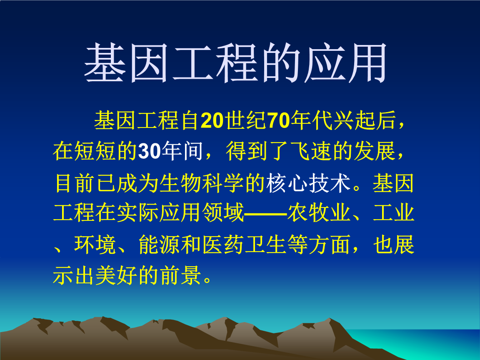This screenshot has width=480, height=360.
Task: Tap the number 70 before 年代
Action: point(278,121)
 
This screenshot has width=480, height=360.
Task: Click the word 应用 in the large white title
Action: point(345,64)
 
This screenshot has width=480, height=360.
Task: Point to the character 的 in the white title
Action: point(280,64)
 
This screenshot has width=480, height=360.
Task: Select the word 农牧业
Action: point(318,214)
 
